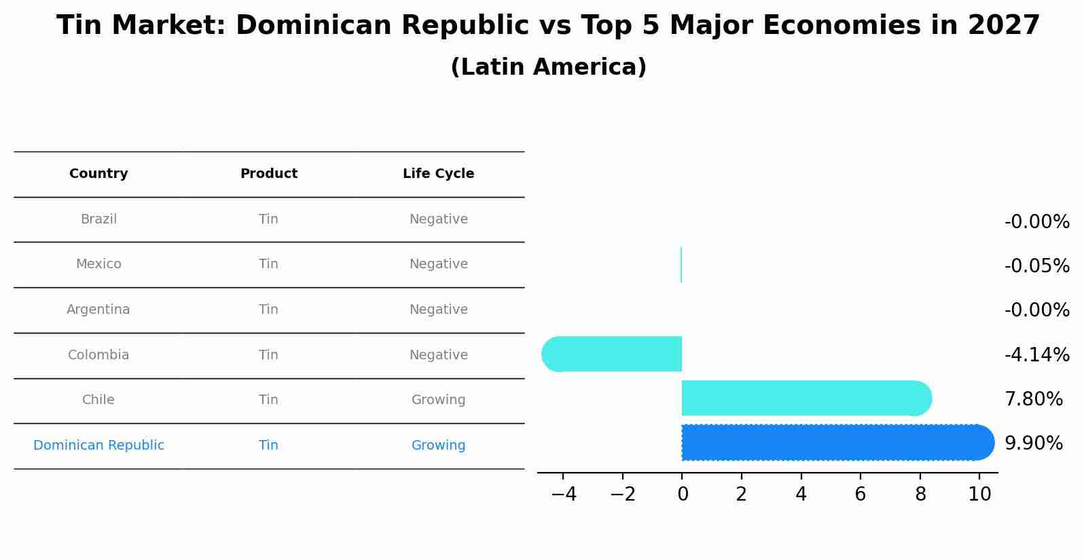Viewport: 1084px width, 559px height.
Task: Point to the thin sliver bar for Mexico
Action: pos(681,265)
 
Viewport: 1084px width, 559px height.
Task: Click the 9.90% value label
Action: pos(1033,444)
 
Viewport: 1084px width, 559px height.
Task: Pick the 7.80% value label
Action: pos(1033,399)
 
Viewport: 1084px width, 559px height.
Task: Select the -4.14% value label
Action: pos(1036,355)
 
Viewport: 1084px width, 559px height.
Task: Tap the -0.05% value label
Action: pos(1036,266)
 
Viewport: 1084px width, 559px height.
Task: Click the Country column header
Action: pos(98,174)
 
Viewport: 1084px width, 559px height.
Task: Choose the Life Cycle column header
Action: pos(438,174)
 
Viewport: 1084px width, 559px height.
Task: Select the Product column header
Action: pos(269,174)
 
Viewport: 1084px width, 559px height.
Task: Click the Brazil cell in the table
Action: pos(98,219)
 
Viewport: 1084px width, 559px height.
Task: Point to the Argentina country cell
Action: pos(98,310)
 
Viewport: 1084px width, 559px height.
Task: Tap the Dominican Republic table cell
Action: pos(98,446)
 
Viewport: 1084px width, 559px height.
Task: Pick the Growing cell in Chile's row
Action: pos(438,400)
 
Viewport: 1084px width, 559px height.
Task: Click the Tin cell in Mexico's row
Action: pos(268,264)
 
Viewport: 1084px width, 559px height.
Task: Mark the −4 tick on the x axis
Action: pos(564,494)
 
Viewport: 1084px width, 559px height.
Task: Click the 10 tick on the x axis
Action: pos(979,494)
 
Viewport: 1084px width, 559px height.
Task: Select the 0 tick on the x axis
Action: pos(683,494)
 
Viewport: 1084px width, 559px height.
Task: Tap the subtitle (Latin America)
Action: pos(548,67)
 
